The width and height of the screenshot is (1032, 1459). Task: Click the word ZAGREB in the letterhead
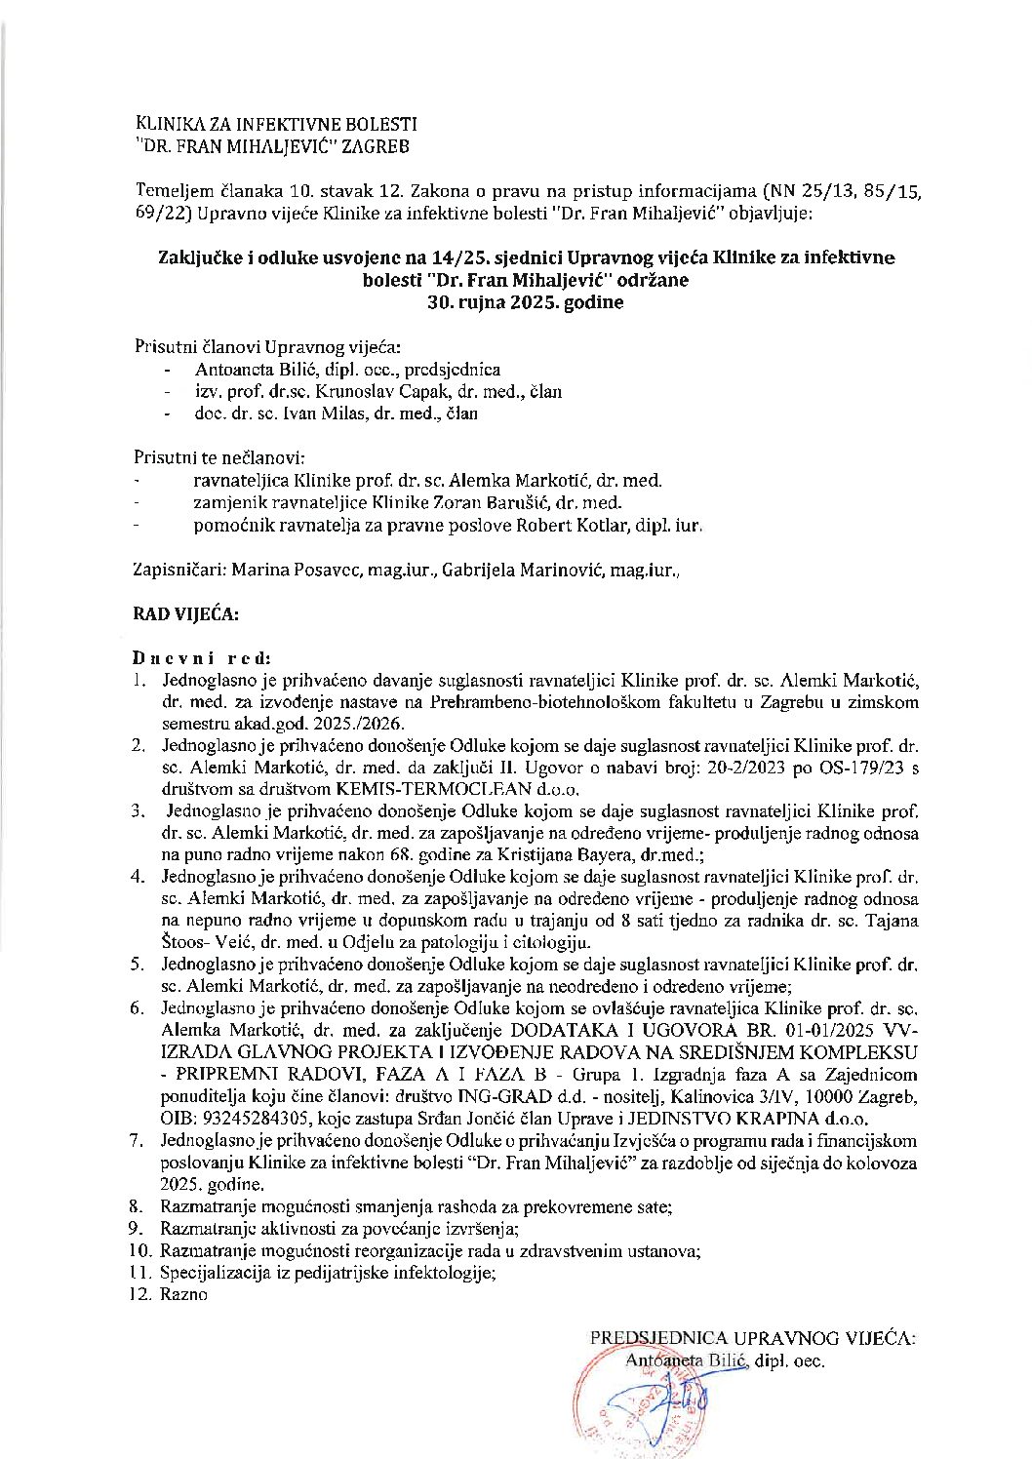point(377,147)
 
